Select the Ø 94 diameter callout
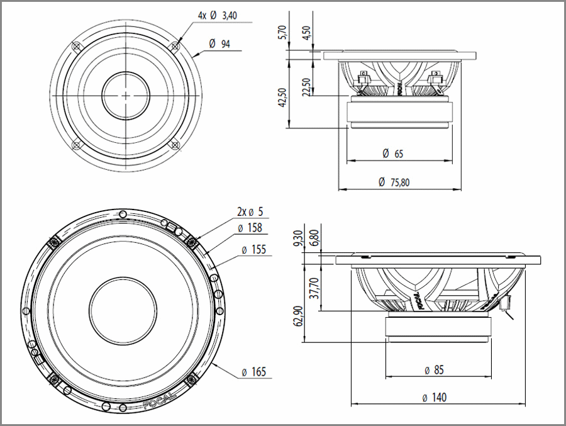click(220, 43)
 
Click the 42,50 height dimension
click(283, 98)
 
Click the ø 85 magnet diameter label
click(434, 370)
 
